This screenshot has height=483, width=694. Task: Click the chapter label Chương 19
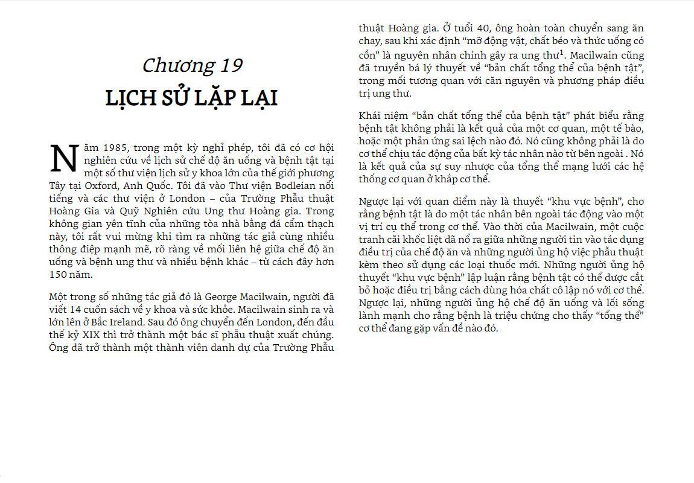point(192,65)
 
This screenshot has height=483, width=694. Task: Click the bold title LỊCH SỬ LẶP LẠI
point(191,97)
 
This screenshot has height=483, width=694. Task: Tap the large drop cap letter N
point(63,158)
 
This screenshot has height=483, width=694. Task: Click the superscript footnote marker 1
point(561,52)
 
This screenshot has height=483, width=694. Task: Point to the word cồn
point(368,54)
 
